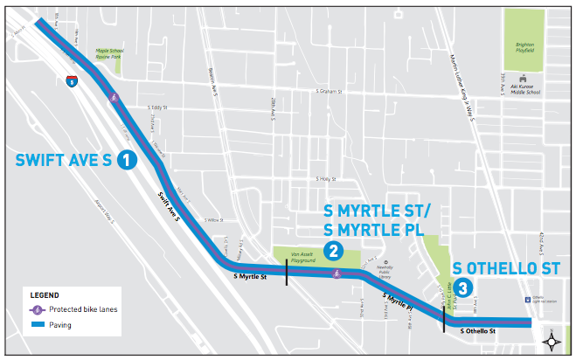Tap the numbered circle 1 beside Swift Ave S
click(127, 160)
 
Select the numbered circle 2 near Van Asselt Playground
click(332, 251)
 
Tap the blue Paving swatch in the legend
click(38, 325)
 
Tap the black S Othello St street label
click(478, 332)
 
